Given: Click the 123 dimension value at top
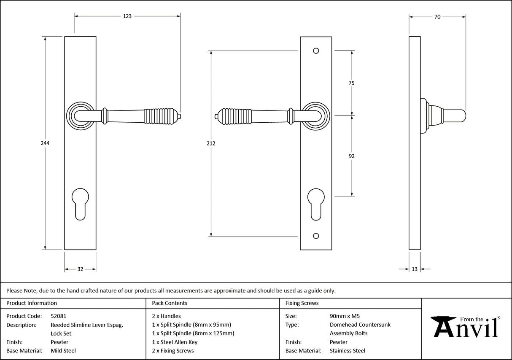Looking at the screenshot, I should [127, 16].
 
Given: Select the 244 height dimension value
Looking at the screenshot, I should [45, 143].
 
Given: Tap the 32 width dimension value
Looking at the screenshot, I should [80, 269].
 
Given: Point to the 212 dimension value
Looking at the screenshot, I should [211, 143].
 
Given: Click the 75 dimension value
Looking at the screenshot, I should [351, 83].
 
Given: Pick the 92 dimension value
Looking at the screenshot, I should [352, 156].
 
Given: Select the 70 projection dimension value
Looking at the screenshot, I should [437, 17].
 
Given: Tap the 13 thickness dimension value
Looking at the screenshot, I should [415, 269].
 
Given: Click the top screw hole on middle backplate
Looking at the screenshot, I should [316, 51].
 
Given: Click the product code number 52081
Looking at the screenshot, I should [58, 316].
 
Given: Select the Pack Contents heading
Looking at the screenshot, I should [170, 303].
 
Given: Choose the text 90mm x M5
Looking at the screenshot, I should [345, 316].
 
